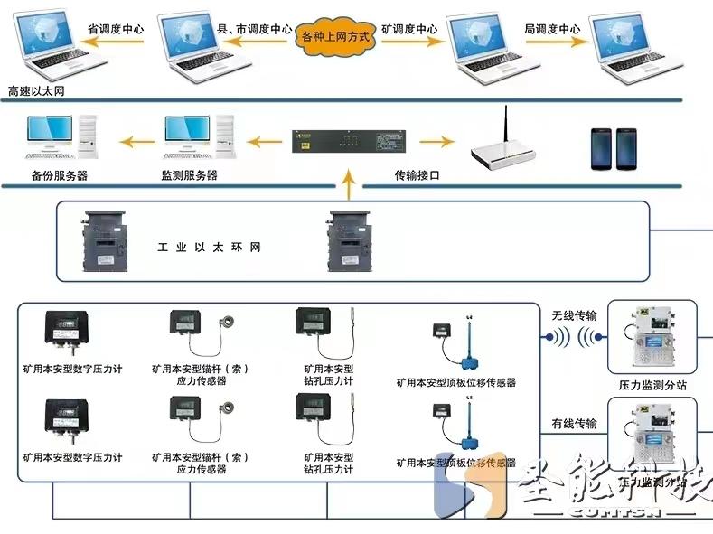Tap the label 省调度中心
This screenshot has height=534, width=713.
(x=115, y=29)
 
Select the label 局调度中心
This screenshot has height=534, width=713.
(x=551, y=29)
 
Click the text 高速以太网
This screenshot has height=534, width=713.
(x=36, y=91)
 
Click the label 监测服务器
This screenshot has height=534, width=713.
(x=189, y=175)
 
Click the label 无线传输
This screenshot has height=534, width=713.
(x=574, y=315)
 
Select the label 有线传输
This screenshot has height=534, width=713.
(x=574, y=423)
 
